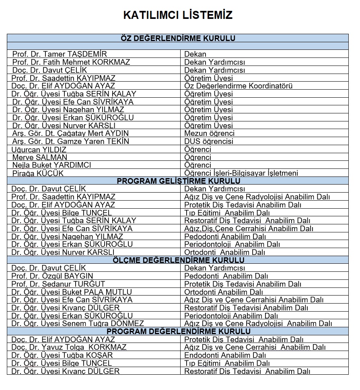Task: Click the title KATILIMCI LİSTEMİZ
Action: pos(178,15)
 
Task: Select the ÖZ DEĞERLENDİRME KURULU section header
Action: pos(178,38)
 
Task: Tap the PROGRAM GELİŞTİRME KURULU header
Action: pos(178,181)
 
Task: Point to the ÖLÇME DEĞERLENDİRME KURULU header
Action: pos(178,260)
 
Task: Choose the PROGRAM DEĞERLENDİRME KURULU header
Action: pos(178,332)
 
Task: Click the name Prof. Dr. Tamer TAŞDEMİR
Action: pos(60,54)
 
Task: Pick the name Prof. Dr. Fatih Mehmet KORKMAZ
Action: pos(71,62)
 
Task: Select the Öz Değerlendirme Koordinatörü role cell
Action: pos(238,86)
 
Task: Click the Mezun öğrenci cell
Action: pos(209,133)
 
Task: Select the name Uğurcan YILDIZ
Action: pos(39,150)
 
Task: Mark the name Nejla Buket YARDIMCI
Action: pos(51,165)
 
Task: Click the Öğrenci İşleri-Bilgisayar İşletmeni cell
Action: pos(241,173)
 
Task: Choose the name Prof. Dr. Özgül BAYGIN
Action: pos(52,276)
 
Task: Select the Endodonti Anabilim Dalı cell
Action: pos(225,355)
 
